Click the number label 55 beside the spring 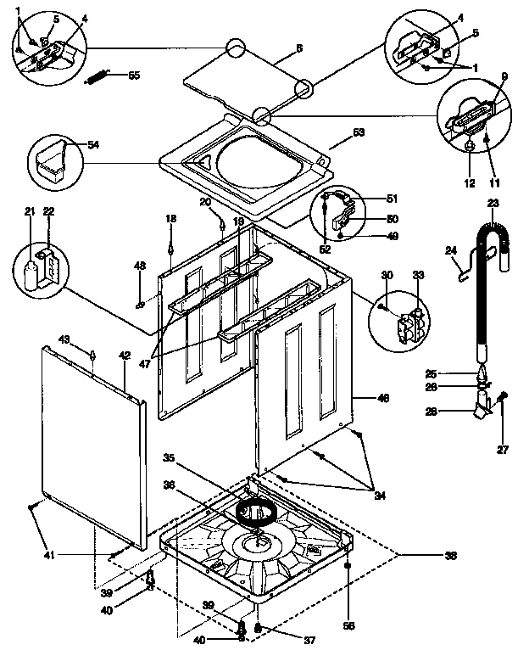pos(133,76)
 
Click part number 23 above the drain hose pos(493,202)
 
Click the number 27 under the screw pos(503,449)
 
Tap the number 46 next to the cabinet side pos(383,397)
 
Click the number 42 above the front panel pos(124,356)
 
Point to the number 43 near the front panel pos(86,339)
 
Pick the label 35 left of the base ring pos(169,458)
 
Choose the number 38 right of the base pos(450,555)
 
